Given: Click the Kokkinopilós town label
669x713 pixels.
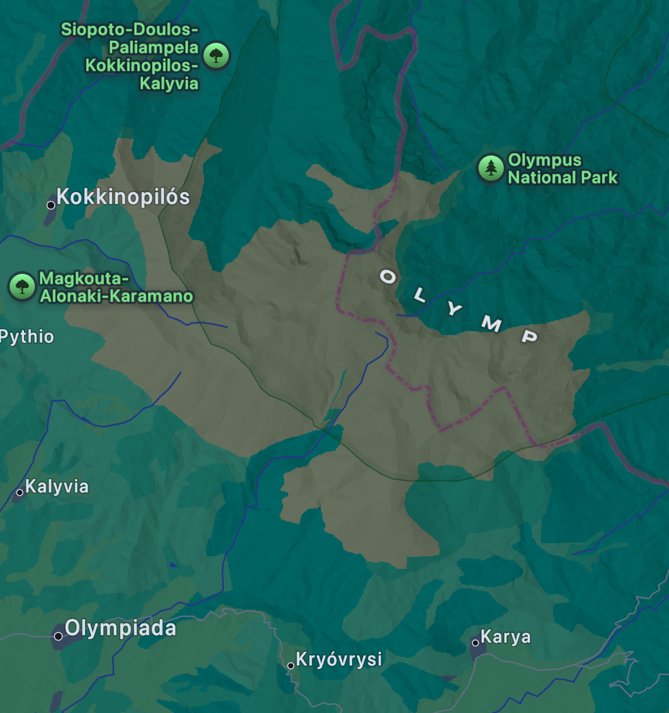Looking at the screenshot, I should click(x=123, y=197).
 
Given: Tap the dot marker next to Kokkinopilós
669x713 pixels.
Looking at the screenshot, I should click(x=51, y=205).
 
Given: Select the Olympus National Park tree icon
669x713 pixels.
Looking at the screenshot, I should click(x=491, y=168).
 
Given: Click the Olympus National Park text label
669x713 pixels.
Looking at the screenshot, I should click(x=563, y=169).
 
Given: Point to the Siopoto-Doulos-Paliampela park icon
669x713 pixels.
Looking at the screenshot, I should click(x=216, y=55).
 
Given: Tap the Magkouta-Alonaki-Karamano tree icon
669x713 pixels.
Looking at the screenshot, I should click(x=22, y=286).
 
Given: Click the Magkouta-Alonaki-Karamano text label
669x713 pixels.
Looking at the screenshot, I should click(x=116, y=287).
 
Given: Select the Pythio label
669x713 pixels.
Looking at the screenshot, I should click(x=27, y=337).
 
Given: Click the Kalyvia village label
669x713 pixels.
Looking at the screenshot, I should click(x=57, y=487).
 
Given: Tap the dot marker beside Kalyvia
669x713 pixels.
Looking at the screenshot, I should click(x=19, y=492).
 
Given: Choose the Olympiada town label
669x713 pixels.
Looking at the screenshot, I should click(x=120, y=628).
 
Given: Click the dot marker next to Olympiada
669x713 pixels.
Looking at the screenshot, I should click(x=58, y=636).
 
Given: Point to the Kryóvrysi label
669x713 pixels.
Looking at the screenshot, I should click(x=339, y=659).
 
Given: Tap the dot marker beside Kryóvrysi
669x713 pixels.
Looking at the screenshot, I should click(x=290, y=666).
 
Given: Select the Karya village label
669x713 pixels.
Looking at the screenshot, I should click(x=505, y=636).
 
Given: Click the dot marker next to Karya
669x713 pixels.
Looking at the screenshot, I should click(x=475, y=643).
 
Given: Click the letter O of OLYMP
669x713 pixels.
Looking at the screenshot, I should click(x=388, y=277).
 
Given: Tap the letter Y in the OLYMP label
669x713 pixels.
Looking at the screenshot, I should click(x=454, y=309).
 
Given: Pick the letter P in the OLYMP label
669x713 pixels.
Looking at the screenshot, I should click(x=529, y=336).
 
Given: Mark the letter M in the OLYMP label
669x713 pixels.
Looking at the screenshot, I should click(x=491, y=324).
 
